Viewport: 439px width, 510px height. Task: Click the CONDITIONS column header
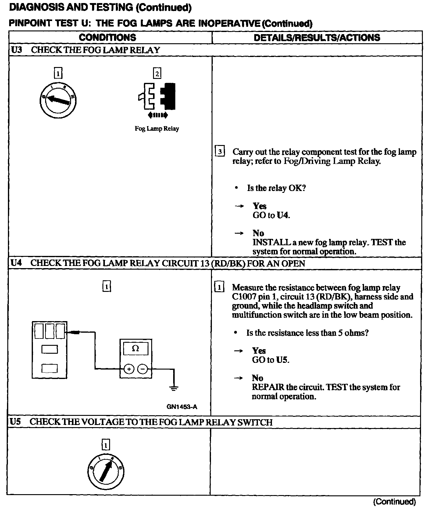pos(107,37)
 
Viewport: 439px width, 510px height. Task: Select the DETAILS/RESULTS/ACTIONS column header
pos(317,37)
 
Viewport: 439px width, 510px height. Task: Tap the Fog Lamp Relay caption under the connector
pos(157,129)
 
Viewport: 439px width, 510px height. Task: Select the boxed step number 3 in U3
pos(220,151)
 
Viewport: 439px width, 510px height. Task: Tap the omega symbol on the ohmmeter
pos(136,348)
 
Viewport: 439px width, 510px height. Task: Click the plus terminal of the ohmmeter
pos(129,369)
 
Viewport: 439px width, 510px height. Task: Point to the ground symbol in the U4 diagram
pos(174,388)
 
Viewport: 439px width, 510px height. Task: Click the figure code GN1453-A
pos(182,407)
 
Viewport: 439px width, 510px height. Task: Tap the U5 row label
pos(15,422)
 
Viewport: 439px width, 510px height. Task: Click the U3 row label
pos(16,50)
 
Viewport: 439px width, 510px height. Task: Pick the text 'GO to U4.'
pos(271,215)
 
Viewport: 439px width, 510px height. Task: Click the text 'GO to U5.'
pos(270,360)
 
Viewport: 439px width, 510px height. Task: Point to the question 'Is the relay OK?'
pos(276,188)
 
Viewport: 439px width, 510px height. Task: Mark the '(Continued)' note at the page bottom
pos(394,501)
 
